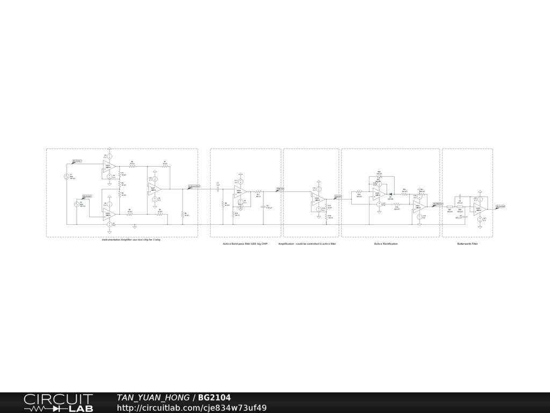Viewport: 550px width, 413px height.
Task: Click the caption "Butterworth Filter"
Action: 467,244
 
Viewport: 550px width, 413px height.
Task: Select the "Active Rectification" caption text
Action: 386,244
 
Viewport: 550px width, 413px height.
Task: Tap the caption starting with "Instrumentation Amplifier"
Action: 131,239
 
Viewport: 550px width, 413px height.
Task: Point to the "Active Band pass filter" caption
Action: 245,244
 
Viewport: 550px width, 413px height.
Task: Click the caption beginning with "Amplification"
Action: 307,244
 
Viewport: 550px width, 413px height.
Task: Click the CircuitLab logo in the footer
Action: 58,403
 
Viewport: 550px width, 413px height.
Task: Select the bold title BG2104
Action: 214,398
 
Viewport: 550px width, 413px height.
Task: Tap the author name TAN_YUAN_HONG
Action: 153,398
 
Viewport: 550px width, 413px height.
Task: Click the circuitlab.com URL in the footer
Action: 192,408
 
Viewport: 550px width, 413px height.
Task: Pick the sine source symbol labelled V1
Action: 67,176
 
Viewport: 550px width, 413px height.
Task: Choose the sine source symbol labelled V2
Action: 76,204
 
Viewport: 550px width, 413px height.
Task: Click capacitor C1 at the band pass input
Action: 218,189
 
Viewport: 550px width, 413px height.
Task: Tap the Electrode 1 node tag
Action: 77,161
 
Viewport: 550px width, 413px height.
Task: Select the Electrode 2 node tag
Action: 87,196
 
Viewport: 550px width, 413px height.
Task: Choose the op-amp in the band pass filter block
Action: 240,192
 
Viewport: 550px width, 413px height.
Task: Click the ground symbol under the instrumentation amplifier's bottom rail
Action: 134,226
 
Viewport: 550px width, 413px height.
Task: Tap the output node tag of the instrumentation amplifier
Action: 194,186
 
